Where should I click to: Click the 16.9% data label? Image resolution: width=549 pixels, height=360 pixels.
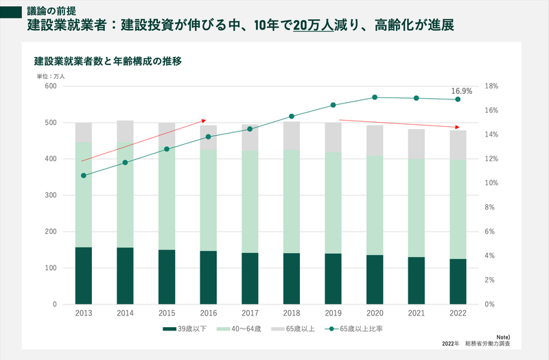(461, 91)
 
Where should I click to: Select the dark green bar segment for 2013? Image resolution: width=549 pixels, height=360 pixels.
(84, 275)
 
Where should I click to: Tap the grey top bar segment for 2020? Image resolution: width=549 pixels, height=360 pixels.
(375, 141)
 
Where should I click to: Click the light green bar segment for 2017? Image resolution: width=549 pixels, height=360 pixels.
(250, 202)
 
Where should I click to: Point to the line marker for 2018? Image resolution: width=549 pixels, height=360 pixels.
(292, 117)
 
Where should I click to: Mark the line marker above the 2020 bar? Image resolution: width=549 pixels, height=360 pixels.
(375, 97)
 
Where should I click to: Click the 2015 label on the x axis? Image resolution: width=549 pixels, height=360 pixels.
(167, 313)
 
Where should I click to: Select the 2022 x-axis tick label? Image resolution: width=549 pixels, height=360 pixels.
(458, 313)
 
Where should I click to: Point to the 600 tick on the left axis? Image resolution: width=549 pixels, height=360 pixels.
(50, 86)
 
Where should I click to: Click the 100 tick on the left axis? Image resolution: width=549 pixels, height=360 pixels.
(50, 268)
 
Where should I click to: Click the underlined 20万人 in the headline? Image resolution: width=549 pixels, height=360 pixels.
(313, 26)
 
